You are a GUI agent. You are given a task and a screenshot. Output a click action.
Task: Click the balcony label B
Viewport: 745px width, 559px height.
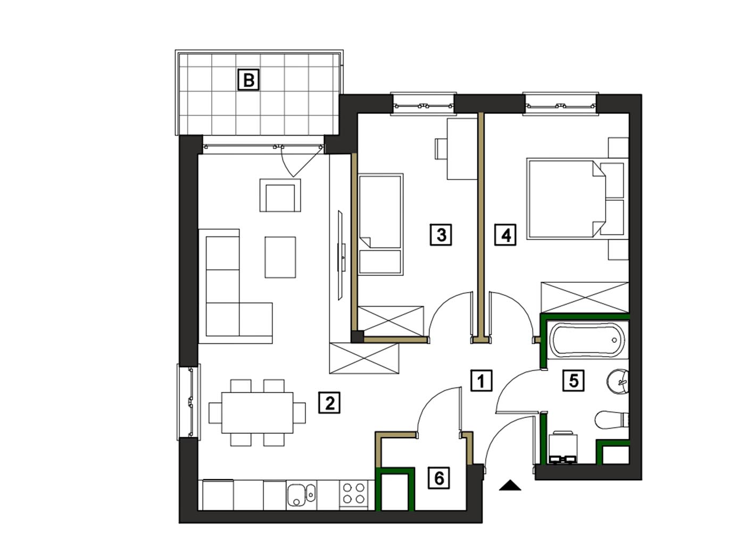click(x=249, y=80)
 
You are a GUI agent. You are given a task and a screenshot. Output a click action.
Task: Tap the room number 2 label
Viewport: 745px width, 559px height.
click(x=329, y=402)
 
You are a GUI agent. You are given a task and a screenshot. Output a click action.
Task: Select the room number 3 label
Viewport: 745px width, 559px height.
click(x=441, y=234)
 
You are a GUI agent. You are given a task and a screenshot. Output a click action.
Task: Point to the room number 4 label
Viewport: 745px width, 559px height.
click(x=505, y=234)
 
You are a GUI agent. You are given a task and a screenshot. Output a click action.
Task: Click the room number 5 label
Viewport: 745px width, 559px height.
click(x=573, y=380)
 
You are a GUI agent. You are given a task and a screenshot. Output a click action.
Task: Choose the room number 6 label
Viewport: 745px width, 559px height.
click(x=438, y=478)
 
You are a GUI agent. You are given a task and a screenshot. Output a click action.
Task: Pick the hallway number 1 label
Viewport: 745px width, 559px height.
click(x=481, y=380)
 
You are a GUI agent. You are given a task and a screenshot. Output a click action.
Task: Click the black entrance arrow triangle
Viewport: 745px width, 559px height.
click(x=509, y=486)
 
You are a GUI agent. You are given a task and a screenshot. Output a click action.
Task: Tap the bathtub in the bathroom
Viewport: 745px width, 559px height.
click(x=587, y=340)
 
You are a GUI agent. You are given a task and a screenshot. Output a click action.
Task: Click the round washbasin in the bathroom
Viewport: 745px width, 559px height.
click(x=618, y=382)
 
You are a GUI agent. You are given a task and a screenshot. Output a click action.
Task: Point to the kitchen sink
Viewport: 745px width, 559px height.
click(x=301, y=495)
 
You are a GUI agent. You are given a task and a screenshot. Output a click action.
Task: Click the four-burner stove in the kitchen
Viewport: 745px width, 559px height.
click(x=353, y=494)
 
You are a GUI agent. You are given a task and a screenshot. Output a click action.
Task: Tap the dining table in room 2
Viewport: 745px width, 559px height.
click(x=257, y=413)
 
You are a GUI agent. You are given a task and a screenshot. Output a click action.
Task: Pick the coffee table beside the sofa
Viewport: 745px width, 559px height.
click(x=280, y=257)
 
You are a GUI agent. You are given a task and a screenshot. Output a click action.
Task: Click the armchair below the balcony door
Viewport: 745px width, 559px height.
click(x=280, y=195)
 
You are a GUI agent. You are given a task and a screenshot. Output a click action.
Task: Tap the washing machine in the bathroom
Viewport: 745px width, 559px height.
click(x=562, y=448)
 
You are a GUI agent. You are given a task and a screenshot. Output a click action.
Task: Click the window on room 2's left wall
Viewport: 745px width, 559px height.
click(x=189, y=401)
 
